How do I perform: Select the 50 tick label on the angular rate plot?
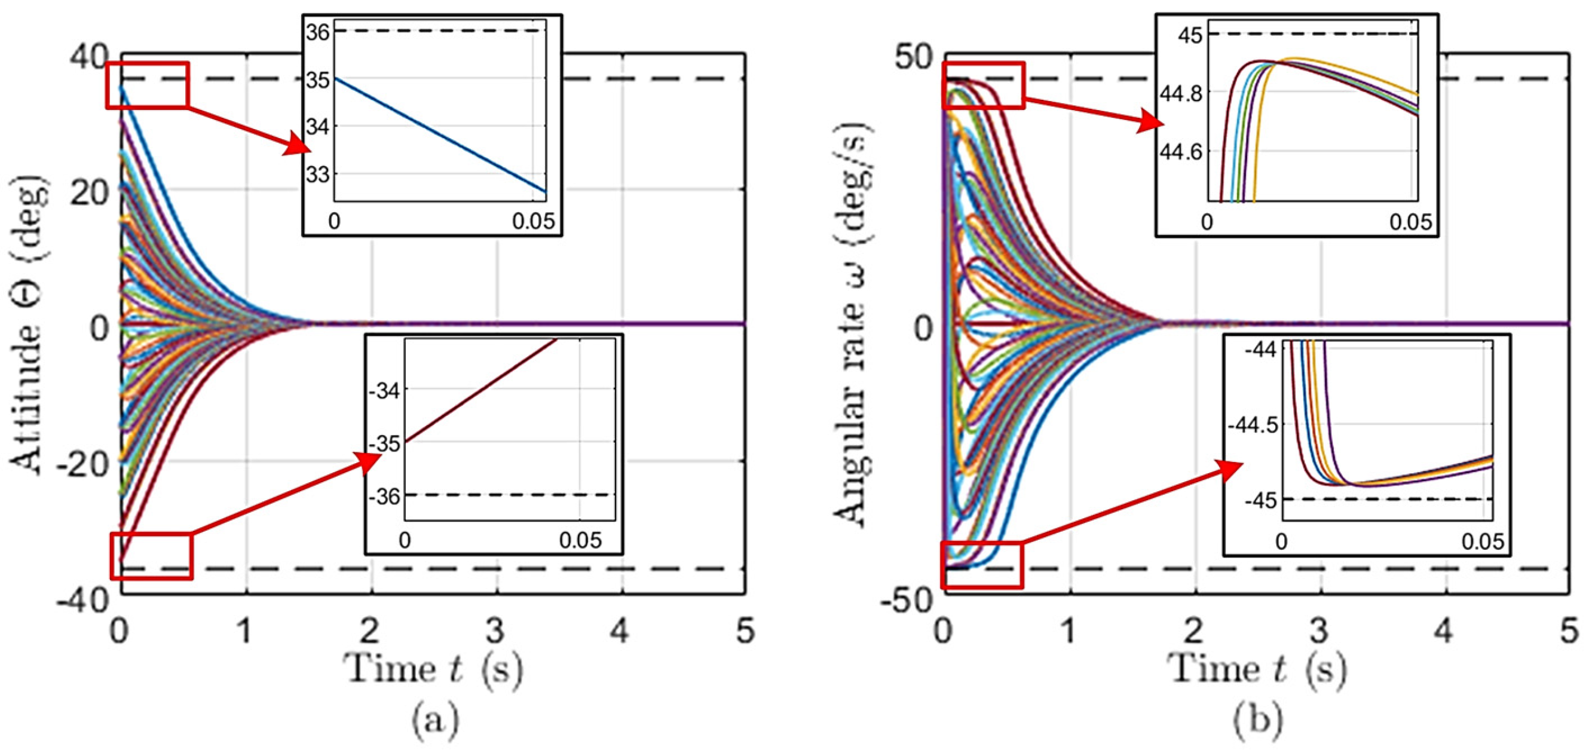click(x=914, y=57)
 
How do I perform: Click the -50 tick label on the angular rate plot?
click(x=907, y=599)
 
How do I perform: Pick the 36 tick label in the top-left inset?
click(x=319, y=32)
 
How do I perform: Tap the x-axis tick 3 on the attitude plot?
click(x=495, y=632)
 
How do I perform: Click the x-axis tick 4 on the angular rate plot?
click(x=1444, y=632)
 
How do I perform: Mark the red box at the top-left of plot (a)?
click(x=147, y=85)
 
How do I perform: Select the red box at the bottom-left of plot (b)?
click(x=982, y=565)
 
